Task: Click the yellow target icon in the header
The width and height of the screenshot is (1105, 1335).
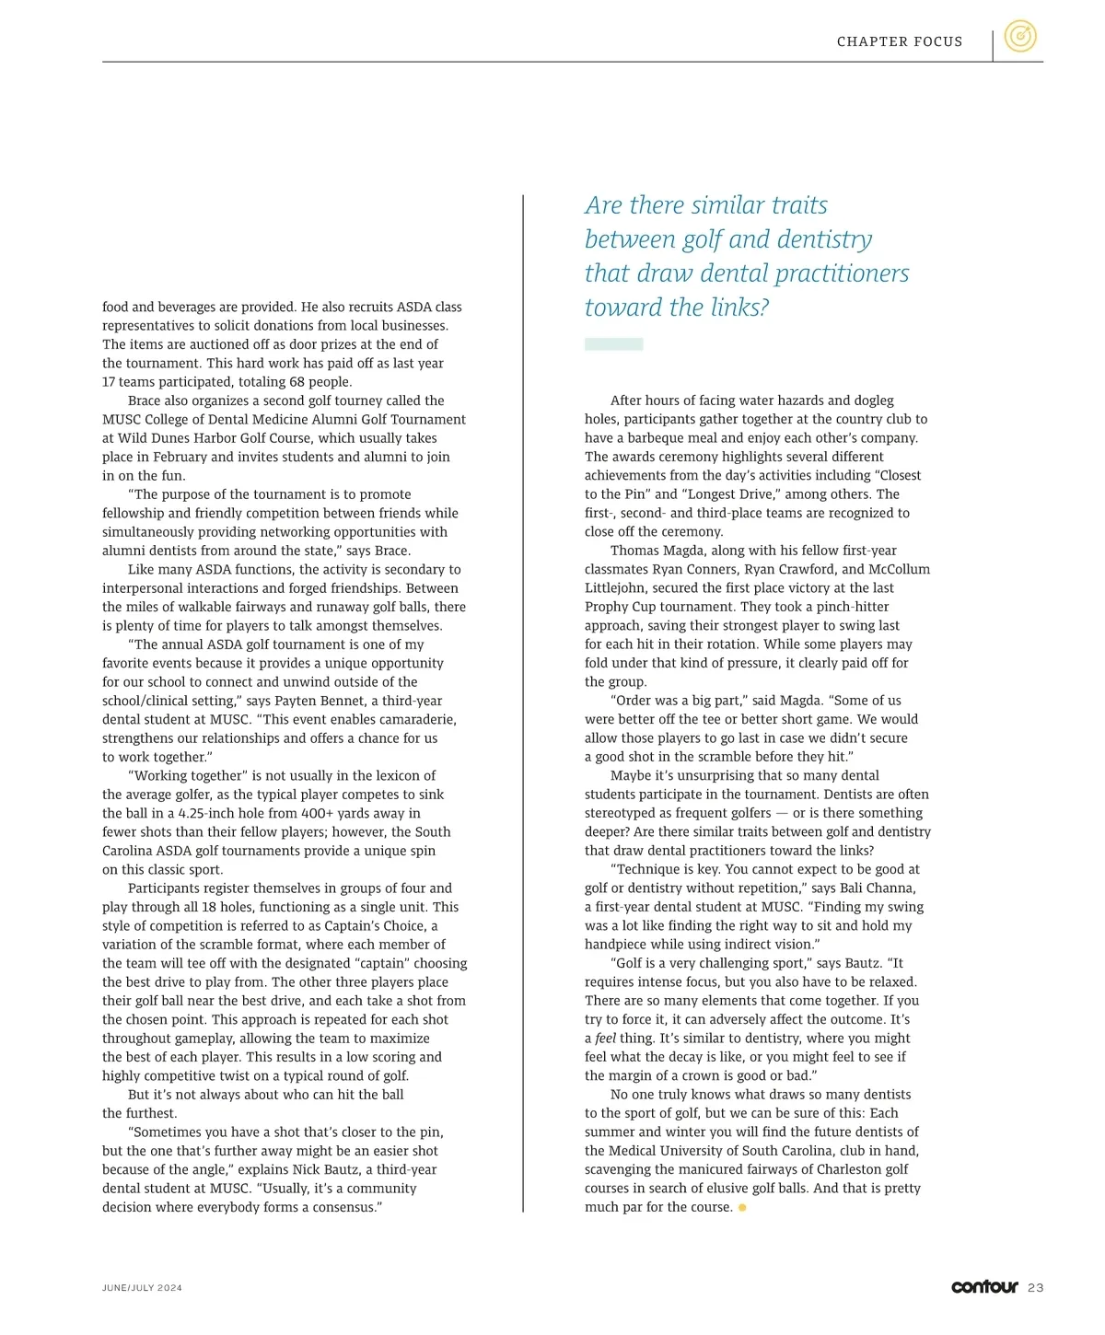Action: tap(1019, 37)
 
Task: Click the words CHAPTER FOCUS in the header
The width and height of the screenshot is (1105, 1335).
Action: tap(899, 41)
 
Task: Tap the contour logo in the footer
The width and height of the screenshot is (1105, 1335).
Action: tap(984, 1286)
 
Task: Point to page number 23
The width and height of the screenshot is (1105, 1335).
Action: tap(1036, 1288)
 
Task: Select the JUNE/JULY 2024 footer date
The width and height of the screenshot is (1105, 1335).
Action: tap(142, 1288)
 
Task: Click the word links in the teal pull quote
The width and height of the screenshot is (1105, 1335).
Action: tap(734, 308)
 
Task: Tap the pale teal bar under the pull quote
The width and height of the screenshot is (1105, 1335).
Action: tap(613, 344)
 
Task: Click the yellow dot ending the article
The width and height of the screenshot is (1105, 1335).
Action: tap(742, 1207)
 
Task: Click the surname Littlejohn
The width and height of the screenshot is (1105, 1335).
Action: tap(616, 588)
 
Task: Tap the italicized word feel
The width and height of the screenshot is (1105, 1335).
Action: tap(606, 1039)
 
